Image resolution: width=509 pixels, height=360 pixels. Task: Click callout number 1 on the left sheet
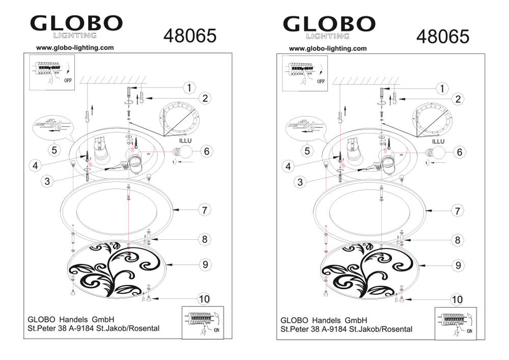189,88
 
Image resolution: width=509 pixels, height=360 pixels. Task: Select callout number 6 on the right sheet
459,152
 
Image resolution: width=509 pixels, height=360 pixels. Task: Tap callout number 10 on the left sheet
204,299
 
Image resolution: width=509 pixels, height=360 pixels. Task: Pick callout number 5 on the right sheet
307,151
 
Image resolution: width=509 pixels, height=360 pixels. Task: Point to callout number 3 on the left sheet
47,181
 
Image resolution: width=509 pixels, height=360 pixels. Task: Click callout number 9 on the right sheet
458,265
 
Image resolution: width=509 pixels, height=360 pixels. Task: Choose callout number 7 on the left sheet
205,210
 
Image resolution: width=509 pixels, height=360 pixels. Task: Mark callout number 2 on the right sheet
458,99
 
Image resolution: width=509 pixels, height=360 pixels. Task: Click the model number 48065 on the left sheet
190,36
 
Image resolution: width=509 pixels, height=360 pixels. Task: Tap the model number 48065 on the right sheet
443,36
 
